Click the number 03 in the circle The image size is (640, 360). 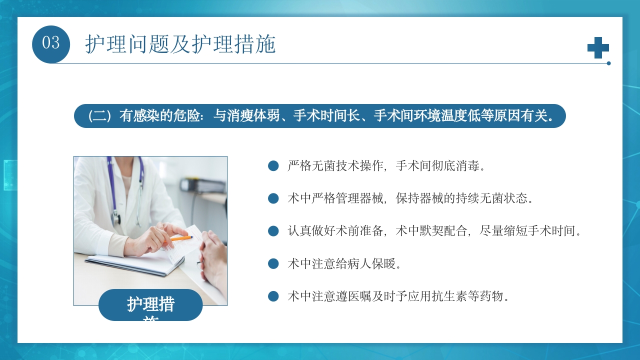51,43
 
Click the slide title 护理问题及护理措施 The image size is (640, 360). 180,44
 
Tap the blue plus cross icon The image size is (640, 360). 598,47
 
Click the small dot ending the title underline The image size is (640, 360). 608,63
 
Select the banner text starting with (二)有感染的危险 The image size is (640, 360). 320,116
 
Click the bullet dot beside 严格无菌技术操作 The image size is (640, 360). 273,166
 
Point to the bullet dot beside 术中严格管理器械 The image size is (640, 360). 273,198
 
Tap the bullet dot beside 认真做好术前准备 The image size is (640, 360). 273,231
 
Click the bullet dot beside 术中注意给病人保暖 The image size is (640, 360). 273,264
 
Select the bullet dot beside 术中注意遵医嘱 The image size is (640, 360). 273,296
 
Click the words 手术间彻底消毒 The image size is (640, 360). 440,166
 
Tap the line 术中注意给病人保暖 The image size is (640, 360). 344,264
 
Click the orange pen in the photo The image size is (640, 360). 181,238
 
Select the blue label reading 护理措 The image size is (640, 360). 150,304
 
